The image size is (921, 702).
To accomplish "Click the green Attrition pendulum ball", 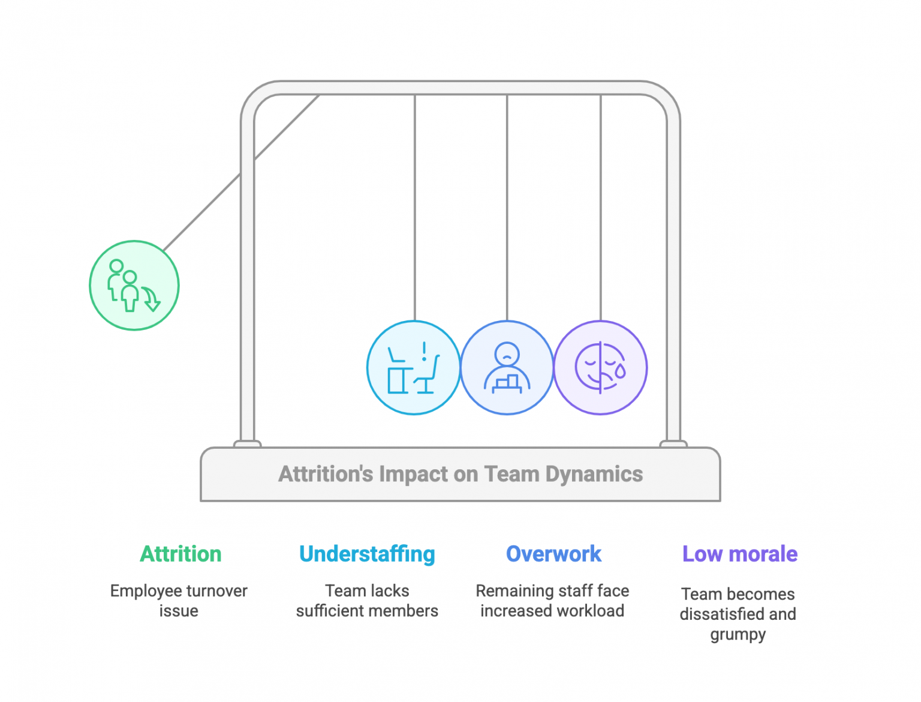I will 134,286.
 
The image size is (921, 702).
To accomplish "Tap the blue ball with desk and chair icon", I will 413,367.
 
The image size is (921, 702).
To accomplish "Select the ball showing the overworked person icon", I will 507,367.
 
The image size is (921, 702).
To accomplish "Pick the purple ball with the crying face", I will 600,367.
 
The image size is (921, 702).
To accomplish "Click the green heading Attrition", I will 180,554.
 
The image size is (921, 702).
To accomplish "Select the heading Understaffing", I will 367,554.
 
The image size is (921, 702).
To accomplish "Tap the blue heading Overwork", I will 553,554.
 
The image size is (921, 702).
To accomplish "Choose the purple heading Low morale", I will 740,554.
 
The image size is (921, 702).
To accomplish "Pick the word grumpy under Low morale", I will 738,634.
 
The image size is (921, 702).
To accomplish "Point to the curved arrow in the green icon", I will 151,299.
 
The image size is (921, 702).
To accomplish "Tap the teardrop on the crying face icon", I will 620,371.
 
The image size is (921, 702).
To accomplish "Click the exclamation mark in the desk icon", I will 425,351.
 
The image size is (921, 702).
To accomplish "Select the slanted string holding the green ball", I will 204,210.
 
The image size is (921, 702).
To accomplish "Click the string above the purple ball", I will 601,210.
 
